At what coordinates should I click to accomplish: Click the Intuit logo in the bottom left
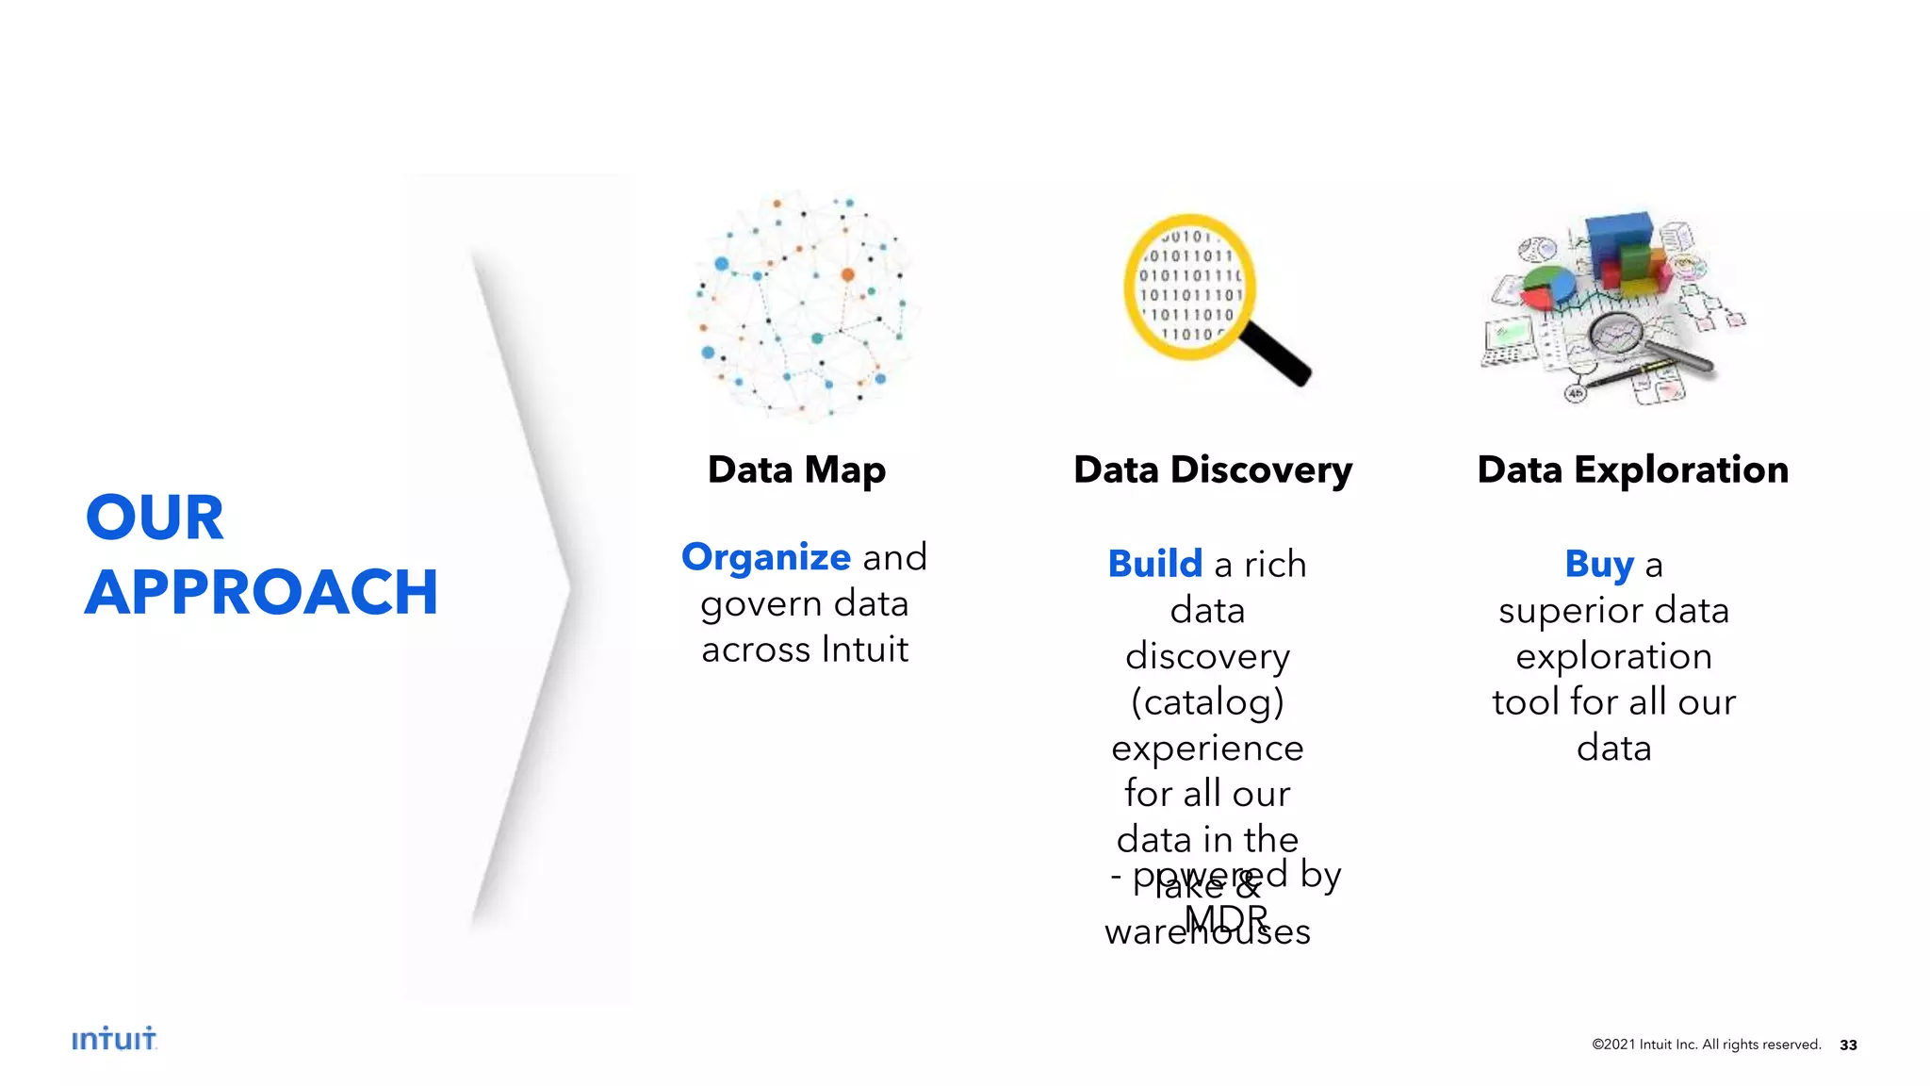[x=114, y=1039]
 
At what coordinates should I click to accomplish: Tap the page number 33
[x=1848, y=1045]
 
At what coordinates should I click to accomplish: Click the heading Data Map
[x=796, y=469]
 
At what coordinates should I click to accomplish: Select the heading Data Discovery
[x=1213, y=469]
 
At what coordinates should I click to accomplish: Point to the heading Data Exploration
[x=1632, y=469]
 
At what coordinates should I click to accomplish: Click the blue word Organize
[x=766, y=557]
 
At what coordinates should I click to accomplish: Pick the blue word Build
[x=1154, y=564]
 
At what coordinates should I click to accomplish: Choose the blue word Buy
[x=1599, y=564]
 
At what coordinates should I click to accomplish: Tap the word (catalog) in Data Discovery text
[x=1207, y=701]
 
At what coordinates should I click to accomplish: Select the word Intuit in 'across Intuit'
[x=864, y=650]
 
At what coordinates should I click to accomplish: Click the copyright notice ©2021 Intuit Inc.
[x=1706, y=1045]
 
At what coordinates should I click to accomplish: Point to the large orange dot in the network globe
[x=847, y=274]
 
